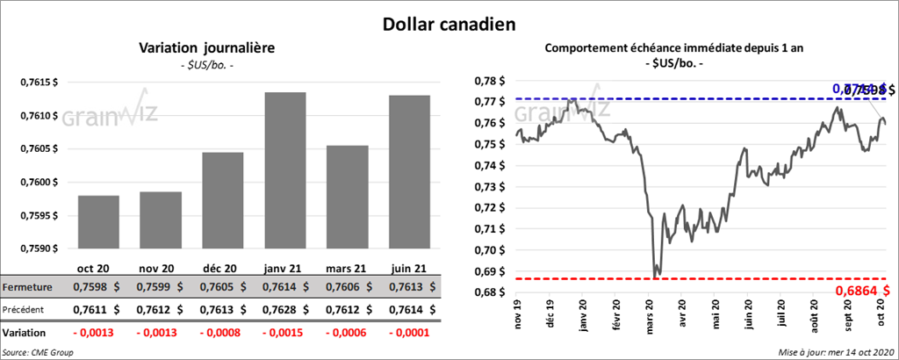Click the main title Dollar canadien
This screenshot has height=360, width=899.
[x=449, y=24]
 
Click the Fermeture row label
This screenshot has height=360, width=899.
[x=27, y=287]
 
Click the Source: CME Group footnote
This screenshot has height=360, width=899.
[x=37, y=351]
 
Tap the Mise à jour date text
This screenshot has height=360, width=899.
[x=835, y=351]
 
